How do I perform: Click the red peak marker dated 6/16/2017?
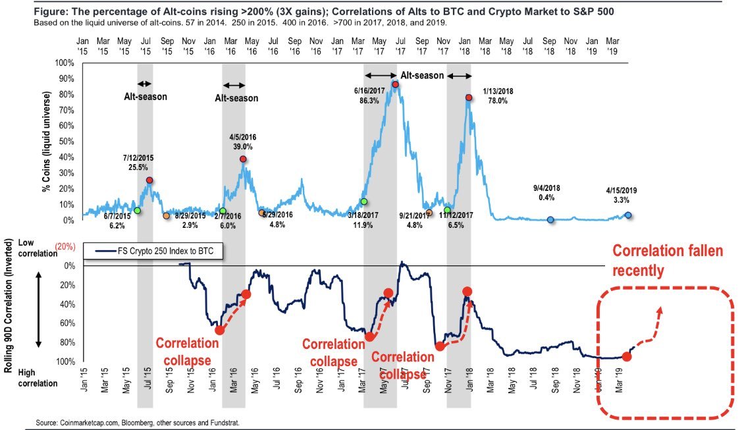pos(395,84)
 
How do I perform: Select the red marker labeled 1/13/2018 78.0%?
pos(468,97)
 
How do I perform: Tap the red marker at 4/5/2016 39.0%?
pos(243,159)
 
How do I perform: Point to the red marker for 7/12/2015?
pos(149,180)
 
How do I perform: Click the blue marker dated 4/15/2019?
pos(628,215)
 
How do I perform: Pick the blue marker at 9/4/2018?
pos(550,219)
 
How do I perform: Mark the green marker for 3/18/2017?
pos(363,202)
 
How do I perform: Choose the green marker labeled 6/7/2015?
pos(137,211)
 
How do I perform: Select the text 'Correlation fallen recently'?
pos(666,261)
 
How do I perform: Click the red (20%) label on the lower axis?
pos(65,246)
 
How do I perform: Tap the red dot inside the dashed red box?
pos(626,357)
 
